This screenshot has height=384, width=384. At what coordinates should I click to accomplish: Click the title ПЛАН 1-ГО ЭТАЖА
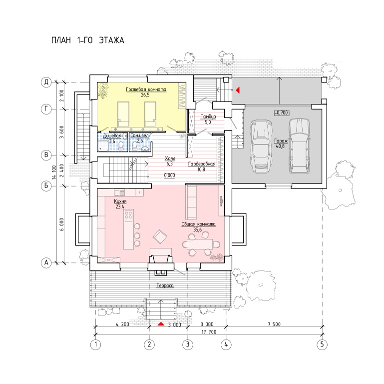[x=88, y=40]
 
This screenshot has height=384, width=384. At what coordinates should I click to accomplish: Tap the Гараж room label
[x=281, y=141]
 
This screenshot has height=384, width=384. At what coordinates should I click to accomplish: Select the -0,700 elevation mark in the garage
[x=282, y=113]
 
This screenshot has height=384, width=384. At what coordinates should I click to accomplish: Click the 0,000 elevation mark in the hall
[x=169, y=175]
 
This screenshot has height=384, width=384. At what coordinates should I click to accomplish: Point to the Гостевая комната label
[x=146, y=89]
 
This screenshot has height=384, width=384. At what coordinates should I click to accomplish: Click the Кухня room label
[x=120, y=201]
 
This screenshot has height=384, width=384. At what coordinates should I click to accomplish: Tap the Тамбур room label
[x=208, y=116]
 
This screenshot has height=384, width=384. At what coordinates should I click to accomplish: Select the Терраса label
[x=165, y=285]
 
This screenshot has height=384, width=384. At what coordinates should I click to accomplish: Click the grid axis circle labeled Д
[x=46, y=82]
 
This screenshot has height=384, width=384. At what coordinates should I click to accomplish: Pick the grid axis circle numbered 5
[x=322, y=344]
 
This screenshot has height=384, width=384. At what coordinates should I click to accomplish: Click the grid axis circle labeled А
[x=46, y=263]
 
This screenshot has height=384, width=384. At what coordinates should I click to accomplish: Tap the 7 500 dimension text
[x=274, y=324]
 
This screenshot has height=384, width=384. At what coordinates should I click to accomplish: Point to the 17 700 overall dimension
[x=209, y=332]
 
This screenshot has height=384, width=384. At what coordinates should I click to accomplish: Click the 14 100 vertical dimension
[x=54, y=172]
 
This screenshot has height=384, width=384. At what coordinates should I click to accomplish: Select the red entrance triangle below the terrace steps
[x=161, y=324]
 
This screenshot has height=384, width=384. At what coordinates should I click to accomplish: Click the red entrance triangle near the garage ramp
[x=238, y=90]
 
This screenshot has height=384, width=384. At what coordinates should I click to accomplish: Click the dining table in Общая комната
[x=200, y=244]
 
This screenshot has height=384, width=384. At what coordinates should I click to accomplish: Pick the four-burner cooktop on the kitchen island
[x=128, y=215]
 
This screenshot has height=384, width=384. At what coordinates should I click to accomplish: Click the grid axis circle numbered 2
[x=149, y=344]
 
